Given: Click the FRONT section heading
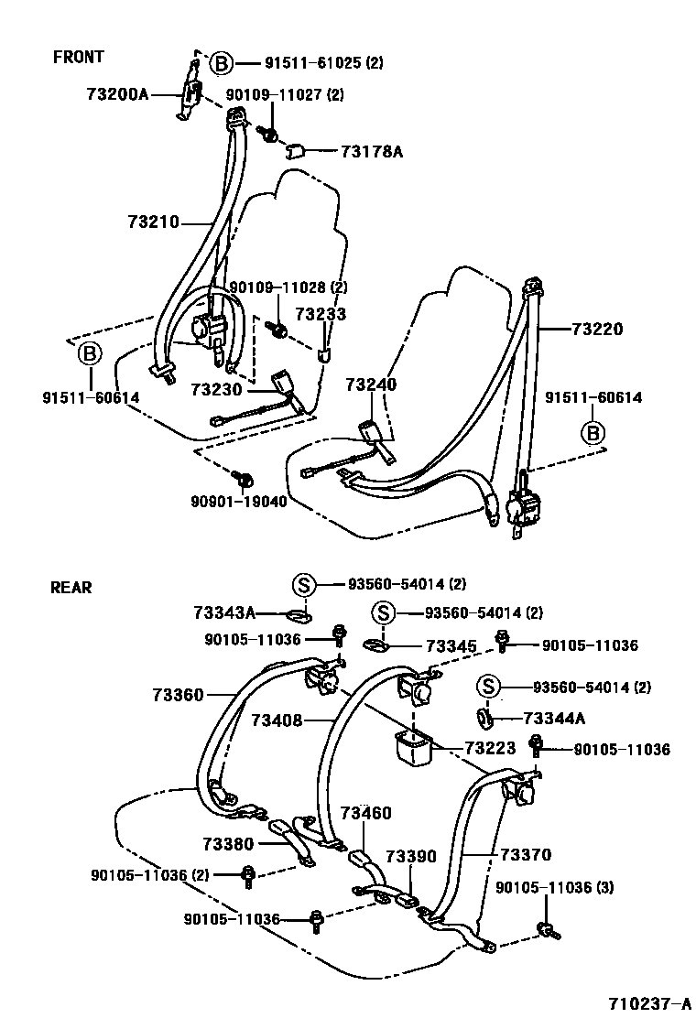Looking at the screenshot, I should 79,57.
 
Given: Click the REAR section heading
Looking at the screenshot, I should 71,588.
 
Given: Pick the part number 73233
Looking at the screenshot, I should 321,313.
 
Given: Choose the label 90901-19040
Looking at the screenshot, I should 237,502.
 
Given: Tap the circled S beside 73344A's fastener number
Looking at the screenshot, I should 488,687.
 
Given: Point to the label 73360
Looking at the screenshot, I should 178,696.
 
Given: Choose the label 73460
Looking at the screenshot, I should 365,813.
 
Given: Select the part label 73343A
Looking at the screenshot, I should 225,613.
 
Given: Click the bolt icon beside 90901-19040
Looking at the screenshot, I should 245,479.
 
